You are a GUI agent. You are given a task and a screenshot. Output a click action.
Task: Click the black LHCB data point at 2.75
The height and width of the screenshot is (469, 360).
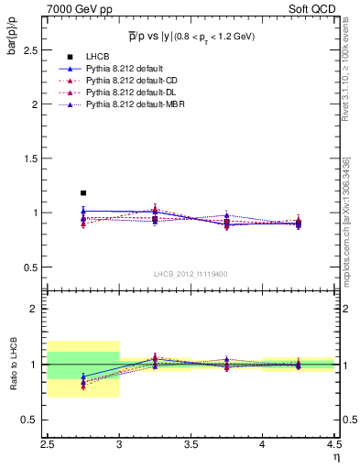click(x=83, y=193)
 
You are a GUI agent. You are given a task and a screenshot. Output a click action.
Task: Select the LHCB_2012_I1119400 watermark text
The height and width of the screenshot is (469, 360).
click(x=191, y=274)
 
